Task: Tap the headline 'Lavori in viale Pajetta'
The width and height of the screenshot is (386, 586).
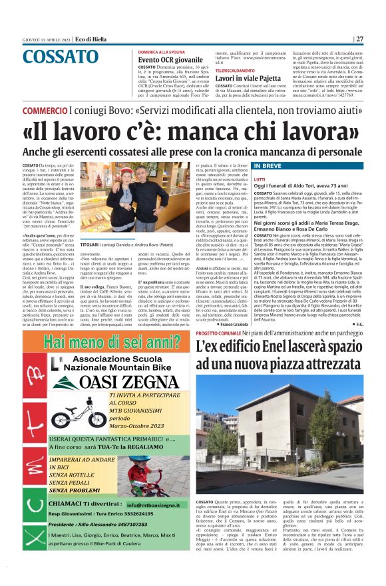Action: (244, 77)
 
